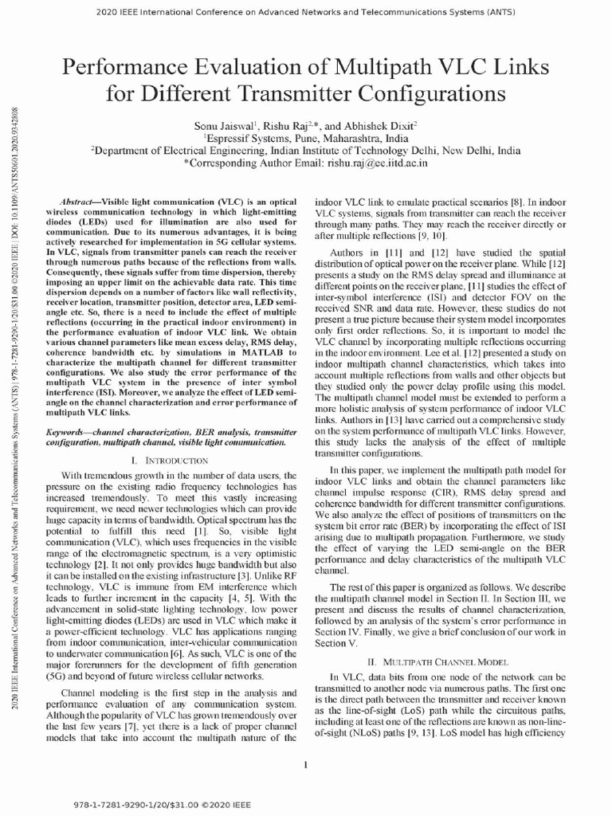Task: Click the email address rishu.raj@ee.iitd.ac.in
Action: pos(376,162)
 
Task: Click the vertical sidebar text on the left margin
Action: pos(16,398)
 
